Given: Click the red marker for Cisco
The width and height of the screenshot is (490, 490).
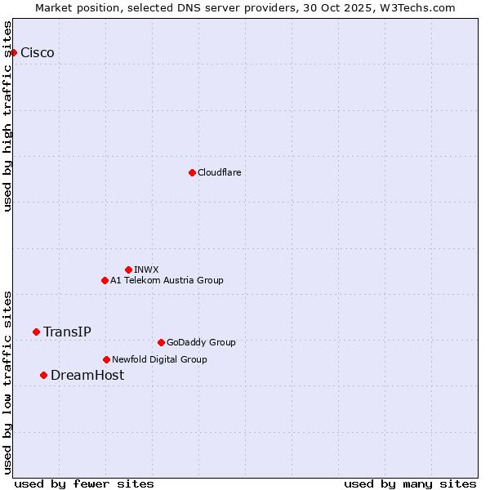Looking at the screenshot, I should pos(13,53).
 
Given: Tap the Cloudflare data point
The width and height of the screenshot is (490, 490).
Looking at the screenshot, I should pos(192,172).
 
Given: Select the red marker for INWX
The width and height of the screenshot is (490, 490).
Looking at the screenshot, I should pos(128,269).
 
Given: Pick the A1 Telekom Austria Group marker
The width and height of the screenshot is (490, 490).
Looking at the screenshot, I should pos(105,280).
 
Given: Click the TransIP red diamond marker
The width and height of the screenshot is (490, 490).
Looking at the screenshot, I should pos(36,332).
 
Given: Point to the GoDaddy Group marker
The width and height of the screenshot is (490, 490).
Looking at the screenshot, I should pos(161,342).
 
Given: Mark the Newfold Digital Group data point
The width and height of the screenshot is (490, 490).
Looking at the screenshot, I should pos(106,359).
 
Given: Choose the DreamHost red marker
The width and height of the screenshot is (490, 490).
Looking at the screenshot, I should pos(43,375).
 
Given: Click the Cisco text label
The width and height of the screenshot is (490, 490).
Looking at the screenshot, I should pos(38,53).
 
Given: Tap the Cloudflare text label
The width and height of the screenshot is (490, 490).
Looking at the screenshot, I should pos(220,172).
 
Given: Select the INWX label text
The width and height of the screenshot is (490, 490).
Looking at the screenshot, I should pos(146,269).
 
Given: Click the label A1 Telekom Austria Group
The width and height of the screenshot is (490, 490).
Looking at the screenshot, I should pos(167,280).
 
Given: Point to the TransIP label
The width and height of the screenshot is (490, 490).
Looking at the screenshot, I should pos(67,332).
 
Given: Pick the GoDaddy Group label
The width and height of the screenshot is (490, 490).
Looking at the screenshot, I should pos(201,342).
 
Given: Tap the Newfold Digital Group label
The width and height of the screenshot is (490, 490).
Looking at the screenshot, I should pos(159,359).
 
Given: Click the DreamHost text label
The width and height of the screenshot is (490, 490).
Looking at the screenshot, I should pos(87,375).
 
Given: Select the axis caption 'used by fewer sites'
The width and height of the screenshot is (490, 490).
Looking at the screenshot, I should pos(84,483).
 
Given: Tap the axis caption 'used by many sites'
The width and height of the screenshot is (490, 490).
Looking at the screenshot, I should pos(410,483).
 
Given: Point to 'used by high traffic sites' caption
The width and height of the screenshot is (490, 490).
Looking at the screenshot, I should pos(7,116).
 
